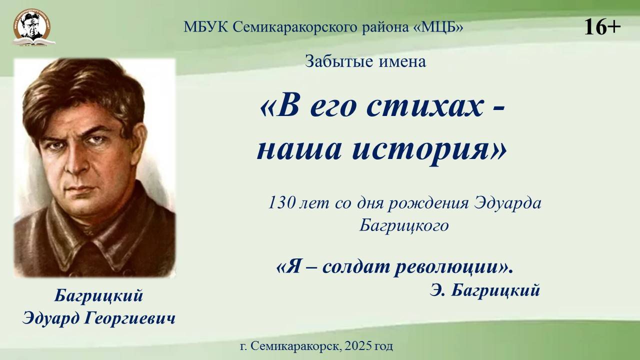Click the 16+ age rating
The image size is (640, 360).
point(602,26)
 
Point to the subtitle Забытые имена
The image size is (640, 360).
point(365,62)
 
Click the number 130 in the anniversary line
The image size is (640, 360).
point(281,203)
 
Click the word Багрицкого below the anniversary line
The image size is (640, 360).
point(404,226)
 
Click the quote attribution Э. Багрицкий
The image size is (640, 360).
point(484,290)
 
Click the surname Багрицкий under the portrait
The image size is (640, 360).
point(98,296)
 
